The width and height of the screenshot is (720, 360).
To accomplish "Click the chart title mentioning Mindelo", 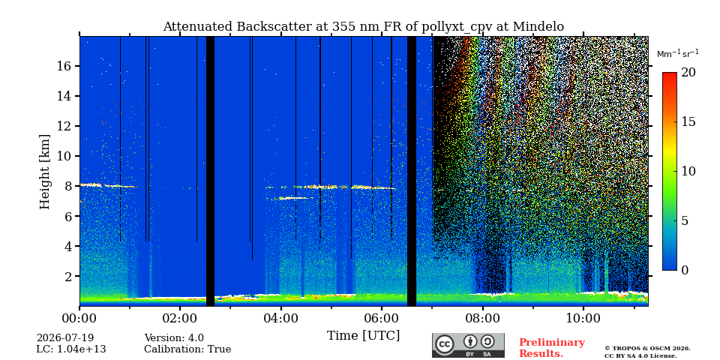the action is point(363,27).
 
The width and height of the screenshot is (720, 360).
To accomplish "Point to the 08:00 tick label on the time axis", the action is point(482,318).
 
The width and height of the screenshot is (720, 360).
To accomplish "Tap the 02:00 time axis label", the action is point(180,318).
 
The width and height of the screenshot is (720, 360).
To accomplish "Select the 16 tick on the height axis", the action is point(65,66).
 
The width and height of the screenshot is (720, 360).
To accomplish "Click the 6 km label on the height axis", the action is point(69,216).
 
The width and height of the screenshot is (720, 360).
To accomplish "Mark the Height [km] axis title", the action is point(44,172).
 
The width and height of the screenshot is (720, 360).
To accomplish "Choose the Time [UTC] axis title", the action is point(363,336).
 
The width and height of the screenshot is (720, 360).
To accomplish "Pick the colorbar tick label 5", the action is point(685,220).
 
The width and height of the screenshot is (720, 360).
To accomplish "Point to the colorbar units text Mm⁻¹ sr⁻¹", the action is point(678,54).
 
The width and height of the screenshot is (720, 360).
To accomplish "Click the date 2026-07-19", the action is point(65,338).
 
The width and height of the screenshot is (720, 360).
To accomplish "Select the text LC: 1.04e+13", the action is point(71,349).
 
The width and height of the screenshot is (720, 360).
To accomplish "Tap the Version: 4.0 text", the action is point(174,338).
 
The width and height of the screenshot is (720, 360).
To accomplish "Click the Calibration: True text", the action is point(187,349).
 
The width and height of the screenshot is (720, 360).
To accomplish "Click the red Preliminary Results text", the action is point(552,348).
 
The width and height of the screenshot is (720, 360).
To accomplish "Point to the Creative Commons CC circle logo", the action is point(444,344).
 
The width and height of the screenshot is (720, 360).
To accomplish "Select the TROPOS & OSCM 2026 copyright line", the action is point(647,349).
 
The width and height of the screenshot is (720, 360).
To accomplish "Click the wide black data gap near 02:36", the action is point(210,171).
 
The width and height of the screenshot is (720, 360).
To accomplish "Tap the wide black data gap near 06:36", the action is point(412,171).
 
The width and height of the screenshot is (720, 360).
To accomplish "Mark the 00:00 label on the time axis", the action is point(79,318).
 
